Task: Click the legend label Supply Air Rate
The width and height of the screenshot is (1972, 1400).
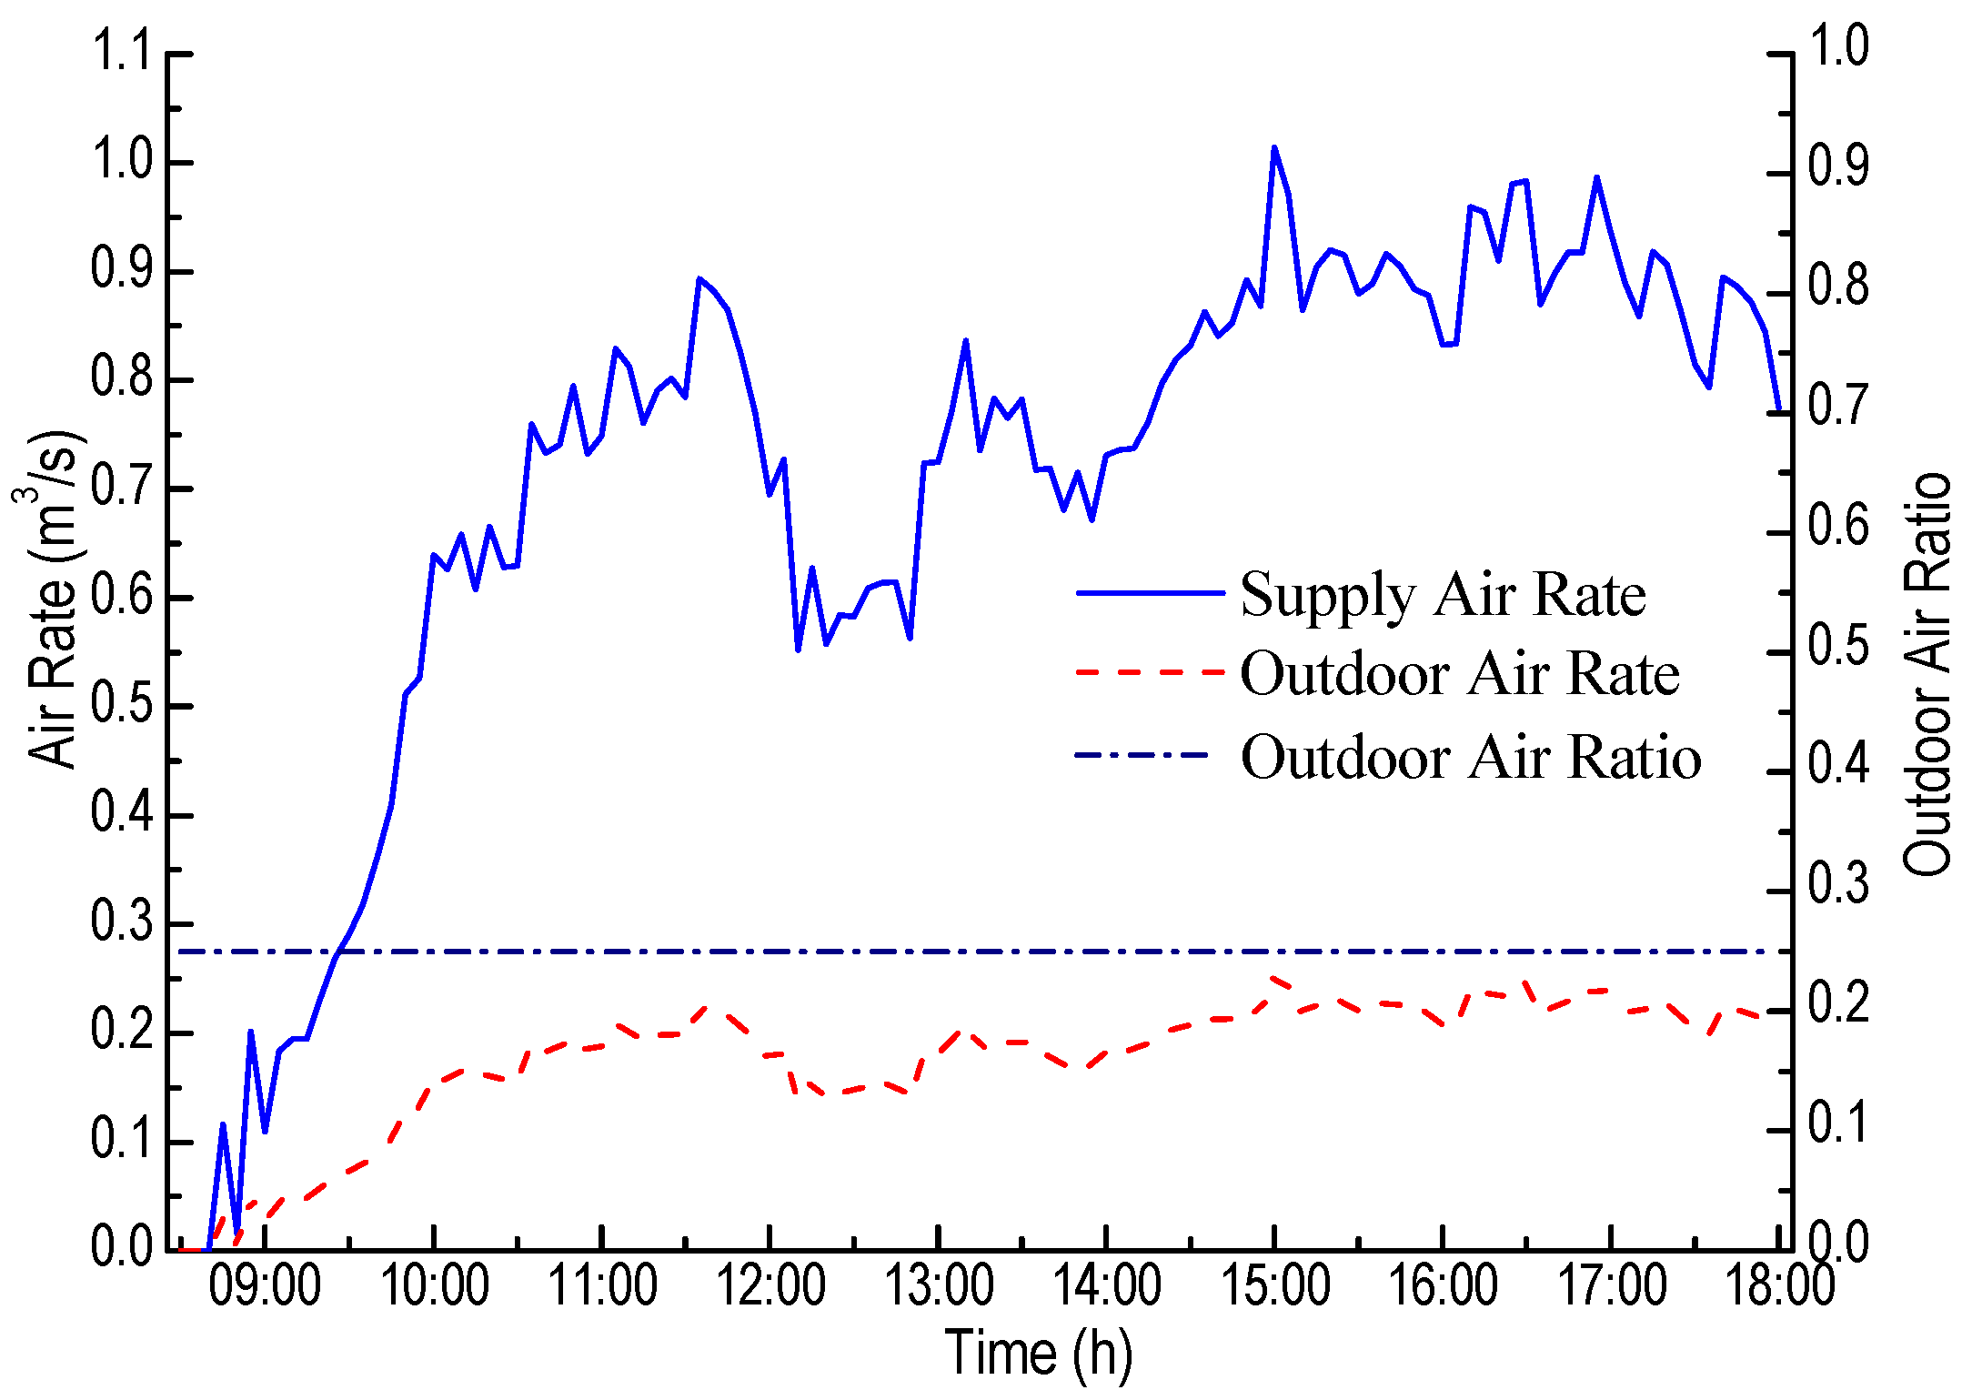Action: pyautogui.click(x=1443, y=596)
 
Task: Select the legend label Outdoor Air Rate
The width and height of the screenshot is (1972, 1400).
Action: pyautogui.click(x=1459, y=675)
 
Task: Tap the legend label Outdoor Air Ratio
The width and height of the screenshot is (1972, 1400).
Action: pyautogui.click(x=1471, y=757)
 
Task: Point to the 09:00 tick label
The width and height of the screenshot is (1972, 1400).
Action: pyautogui.click(x=265, y=1286)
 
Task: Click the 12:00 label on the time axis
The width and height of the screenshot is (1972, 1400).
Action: pyautogui.click(x=770, y=1286)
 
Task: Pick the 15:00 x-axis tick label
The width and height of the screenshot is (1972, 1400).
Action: pyautogui.click(x=1274, y=1286)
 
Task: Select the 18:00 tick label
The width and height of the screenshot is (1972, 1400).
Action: pyautogui.click(x=1779, y=1286)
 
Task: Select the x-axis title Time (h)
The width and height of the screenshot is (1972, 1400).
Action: pyautogui.click(x=1039, y=1353)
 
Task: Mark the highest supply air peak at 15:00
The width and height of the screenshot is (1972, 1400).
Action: pyautogui.click(x=1273, y=148)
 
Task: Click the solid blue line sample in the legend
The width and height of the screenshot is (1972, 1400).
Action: pyautogui.click(x=1151, y=593)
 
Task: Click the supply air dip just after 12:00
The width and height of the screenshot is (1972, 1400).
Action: pyautogui.click(x=798, y=650)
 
